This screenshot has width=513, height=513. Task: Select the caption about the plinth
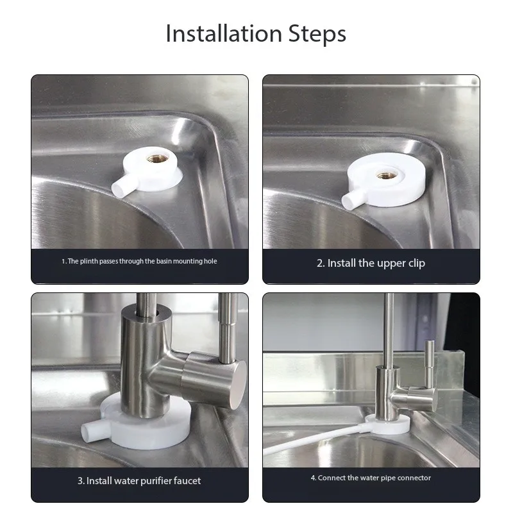139,262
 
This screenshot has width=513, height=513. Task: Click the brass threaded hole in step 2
385,174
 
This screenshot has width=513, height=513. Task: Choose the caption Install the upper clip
371,263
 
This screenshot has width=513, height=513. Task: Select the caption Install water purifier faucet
139,480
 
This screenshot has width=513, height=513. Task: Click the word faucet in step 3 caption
185,480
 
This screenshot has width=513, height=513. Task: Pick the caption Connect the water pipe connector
371,478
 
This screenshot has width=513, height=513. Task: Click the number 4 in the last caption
313,478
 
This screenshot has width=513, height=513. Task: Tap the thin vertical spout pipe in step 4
388,327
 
